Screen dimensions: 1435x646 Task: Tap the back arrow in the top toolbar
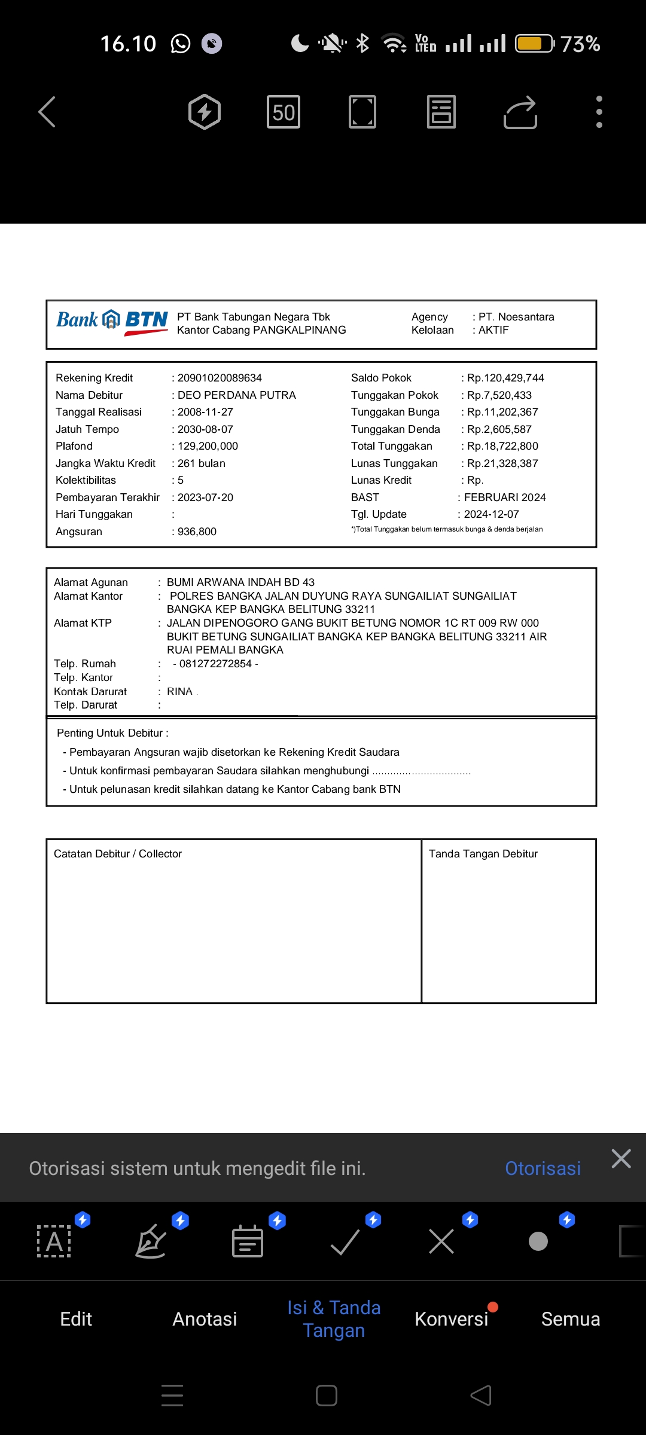[47, 112]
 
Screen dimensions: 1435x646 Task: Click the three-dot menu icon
[599, 112]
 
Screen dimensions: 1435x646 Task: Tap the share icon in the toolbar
[520, 112]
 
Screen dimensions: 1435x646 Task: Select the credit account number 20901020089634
[220, 378]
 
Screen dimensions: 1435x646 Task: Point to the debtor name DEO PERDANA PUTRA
[236, 395]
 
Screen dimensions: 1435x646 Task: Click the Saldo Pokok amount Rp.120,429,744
[505, 378]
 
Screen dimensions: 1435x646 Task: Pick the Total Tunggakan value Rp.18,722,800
[502, 446]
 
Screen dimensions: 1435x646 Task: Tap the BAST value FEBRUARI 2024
[505, 497]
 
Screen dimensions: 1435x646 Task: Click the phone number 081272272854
[215, 664]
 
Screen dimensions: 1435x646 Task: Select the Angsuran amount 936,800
[197, 532]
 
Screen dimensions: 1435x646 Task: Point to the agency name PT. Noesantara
[516, 317]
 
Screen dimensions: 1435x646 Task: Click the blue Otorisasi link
[543, 1168]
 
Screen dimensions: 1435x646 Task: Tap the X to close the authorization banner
[621, 1159]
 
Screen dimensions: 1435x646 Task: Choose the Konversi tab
[452, 1319]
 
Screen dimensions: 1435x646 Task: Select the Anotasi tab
[205, 1319]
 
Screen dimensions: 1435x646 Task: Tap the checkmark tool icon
[345, 1242]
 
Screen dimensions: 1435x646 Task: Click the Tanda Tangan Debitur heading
[483, 854]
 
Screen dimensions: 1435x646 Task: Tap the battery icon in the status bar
[534, 44]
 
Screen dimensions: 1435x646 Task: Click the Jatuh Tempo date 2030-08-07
[205, 429]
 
